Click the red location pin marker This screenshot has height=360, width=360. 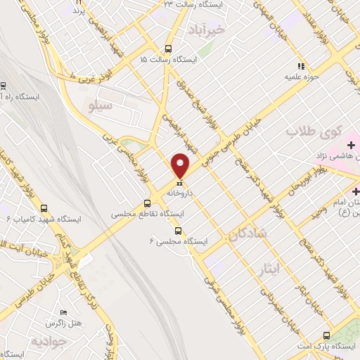pos(181,165)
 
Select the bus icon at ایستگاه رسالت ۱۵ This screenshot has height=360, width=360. pos(167,49)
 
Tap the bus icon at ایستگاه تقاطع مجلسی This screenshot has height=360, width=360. pos(147,200)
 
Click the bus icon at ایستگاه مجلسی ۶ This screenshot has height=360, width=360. pos(177,230)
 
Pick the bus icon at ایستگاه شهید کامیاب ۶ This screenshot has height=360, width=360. pos(44,208)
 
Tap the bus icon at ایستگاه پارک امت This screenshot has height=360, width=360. pos(326,335)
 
